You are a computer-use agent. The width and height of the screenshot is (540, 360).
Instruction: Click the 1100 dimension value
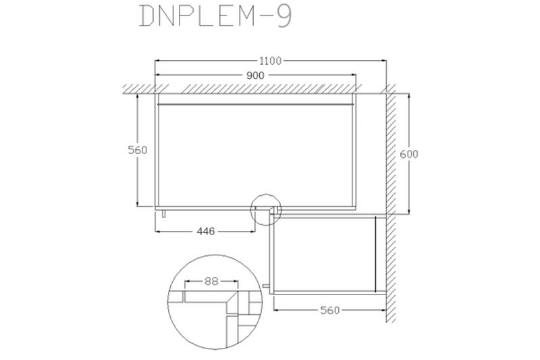271,61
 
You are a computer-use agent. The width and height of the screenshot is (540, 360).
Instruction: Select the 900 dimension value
255,75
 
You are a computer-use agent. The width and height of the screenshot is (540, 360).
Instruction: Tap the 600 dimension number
409,154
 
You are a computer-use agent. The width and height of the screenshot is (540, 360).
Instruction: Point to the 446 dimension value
206,231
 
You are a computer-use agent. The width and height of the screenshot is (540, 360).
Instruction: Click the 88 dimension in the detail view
211,282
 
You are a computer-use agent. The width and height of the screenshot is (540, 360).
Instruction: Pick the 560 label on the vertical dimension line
138,150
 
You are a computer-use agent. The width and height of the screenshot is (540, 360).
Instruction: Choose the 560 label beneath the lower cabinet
330,311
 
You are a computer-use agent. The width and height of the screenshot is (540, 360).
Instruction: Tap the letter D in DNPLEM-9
147,16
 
